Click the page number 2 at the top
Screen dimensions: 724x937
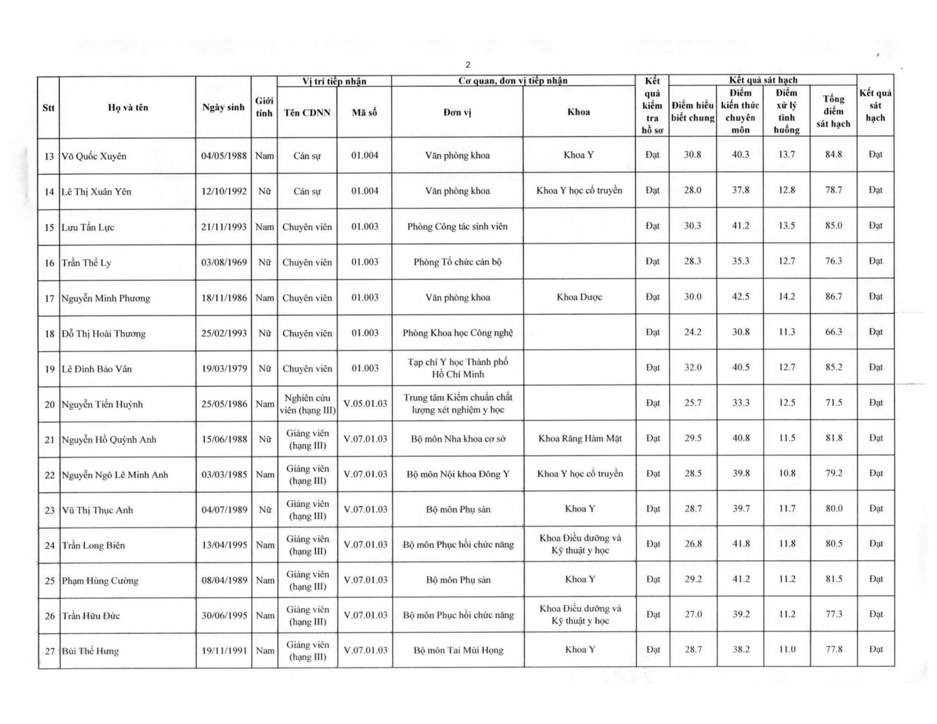468,65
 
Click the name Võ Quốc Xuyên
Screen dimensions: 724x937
94,156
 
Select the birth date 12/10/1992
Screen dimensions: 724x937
224,191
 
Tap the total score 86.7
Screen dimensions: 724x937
833,297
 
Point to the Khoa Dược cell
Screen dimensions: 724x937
579,297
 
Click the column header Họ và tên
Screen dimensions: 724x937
128,107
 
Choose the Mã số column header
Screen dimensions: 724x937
364,112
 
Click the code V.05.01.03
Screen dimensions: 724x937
365,403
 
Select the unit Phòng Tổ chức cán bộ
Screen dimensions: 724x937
457,262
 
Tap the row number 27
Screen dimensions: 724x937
49,651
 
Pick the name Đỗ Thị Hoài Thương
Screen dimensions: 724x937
103,333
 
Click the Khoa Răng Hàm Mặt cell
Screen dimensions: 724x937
580,439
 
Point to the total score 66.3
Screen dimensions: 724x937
833,332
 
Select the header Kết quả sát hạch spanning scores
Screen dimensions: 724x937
763,80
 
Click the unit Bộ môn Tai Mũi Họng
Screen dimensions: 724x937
458,650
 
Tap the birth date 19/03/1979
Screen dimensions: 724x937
224,368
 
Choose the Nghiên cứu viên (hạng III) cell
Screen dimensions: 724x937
308,404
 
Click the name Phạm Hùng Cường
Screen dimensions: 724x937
100,580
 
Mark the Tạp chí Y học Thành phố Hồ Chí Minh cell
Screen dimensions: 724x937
457,368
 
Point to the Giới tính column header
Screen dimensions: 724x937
264,107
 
